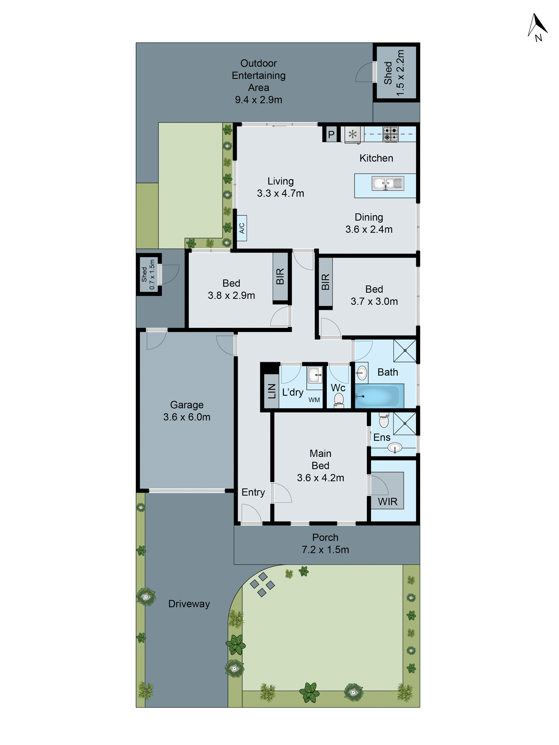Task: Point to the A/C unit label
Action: tap(242, 228)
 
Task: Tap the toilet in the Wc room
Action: tap(338, 400)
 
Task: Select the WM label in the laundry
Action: tap(314, 400)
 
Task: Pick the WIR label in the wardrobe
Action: tap(388, 502)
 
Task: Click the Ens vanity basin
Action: tap(395, 448)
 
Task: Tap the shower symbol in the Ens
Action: tap(405, 423)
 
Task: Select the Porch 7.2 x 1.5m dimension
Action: tap(325, 550)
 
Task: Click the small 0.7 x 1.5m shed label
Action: tap(148, 274)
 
